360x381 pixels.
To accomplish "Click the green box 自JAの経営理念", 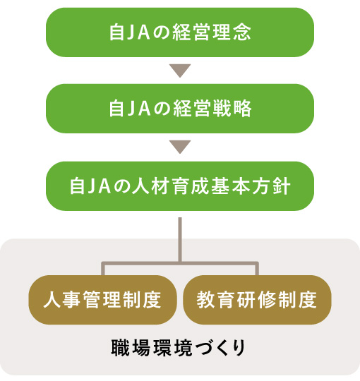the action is pos(180,32).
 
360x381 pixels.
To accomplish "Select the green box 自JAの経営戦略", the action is pos(180,109).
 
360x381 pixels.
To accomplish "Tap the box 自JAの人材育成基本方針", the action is pos(180,186).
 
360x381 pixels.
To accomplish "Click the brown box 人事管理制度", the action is pos(103,300).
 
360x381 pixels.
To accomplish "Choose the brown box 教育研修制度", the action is pos(257,300).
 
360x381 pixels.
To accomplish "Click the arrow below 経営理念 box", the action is pos(180,71).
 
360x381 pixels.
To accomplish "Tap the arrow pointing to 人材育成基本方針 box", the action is pos(180,147).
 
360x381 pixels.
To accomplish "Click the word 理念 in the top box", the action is pos(232,32).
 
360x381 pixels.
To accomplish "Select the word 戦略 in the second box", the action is pos(232,109).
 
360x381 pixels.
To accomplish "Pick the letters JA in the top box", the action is pos(138,32).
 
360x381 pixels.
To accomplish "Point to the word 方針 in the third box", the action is pos(271,186).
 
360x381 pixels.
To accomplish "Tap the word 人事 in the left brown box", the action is pos(62,300).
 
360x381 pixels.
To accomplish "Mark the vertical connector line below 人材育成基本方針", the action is pos(180,240).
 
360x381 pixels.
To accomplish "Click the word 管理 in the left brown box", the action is pos(102,300).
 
